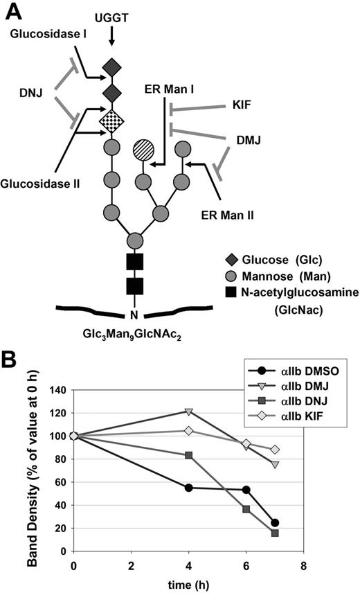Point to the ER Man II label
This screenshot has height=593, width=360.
point(228,215)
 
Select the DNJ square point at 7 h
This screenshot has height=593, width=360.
point(275,533)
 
